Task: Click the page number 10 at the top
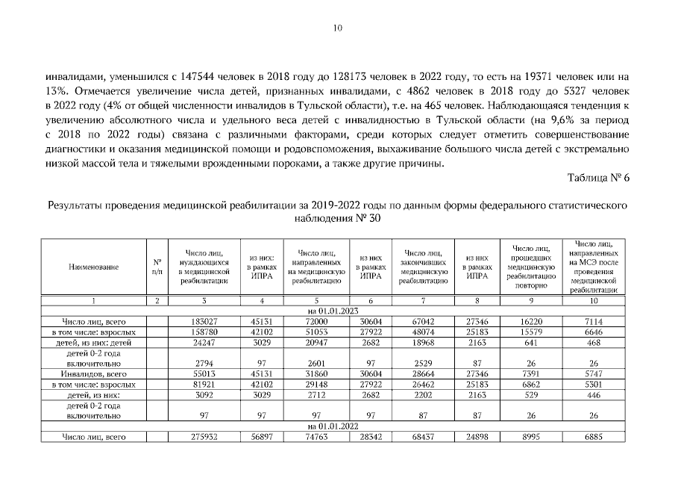(337, 28)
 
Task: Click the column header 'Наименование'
(93, 266)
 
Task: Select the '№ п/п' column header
(157, 266)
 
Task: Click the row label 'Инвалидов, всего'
(93, 370)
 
